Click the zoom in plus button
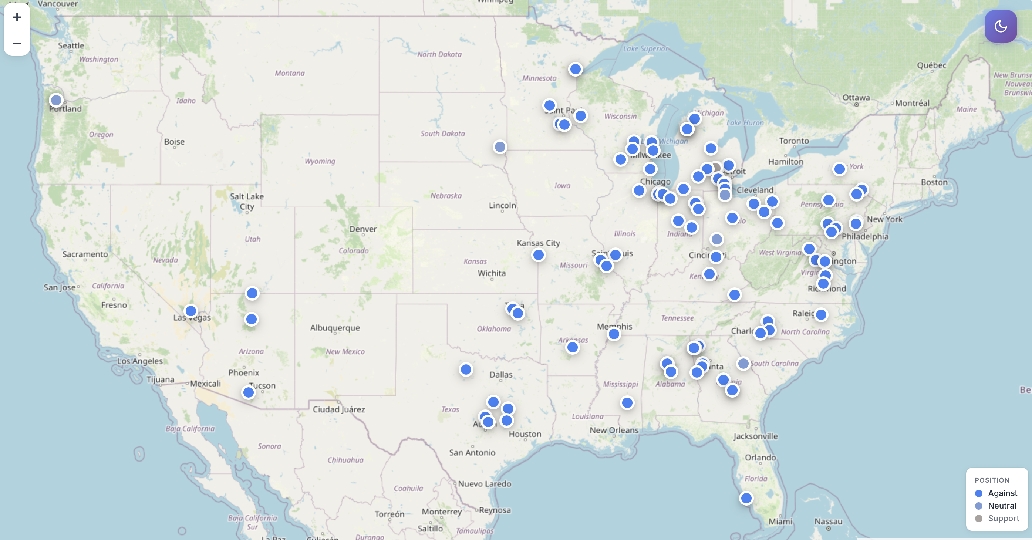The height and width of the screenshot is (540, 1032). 17,17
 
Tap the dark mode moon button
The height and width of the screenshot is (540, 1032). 1000,26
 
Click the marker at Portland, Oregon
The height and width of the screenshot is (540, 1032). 56,100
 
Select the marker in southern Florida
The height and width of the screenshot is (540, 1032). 746,498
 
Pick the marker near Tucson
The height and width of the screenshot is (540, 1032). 249,392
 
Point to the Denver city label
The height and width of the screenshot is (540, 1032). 363,229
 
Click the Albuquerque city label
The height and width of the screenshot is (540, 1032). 335,328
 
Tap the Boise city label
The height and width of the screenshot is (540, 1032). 174,142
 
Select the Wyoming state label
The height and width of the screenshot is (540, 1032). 320,161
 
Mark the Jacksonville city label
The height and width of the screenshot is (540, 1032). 756,436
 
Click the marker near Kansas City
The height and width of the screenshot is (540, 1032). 539,255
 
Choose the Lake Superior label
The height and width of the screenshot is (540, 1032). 645,48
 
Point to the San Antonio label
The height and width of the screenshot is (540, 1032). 472,453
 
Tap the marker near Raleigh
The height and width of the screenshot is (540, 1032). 821,315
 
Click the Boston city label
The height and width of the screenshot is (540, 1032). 934,182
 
